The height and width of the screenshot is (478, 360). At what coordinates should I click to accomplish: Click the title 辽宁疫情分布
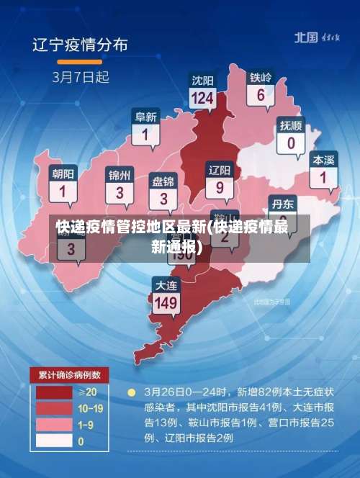point(81,45)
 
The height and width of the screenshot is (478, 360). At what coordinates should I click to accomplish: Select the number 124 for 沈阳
point(203,97)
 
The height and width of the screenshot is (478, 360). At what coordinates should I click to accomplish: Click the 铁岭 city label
point(261,77)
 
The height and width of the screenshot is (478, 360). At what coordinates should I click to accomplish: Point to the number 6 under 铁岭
point(261,94)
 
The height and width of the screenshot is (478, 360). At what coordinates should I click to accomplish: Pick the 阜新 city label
point(146,117)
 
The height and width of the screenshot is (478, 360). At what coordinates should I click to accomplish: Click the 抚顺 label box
point(291,133)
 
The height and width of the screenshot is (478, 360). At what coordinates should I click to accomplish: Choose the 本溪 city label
point(323,160)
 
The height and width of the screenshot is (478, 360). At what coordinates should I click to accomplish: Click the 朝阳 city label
point(63,173)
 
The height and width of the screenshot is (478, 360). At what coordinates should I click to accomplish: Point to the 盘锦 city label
point(163,180)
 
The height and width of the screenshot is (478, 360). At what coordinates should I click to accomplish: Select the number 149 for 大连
point(166,303)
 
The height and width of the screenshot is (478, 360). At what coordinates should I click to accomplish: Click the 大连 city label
point(166,286)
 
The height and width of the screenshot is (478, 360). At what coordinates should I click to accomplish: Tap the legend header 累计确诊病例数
point(69,374)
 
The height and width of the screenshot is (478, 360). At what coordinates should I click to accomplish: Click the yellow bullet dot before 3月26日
point(131,393)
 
